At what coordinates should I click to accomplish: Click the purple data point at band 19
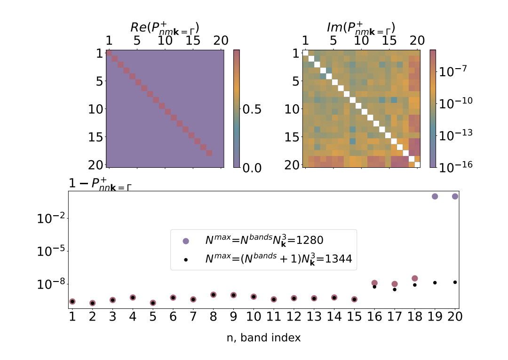[x=435, y=196]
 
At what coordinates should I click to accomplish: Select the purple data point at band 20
[x=455, y=196]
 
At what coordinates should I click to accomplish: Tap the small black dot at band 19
[x=435, y=282]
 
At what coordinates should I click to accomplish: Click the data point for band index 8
[x=214, y=295]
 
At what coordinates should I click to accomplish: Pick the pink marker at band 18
[x=415, y=279]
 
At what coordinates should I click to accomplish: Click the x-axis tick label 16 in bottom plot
[x=374, y=316]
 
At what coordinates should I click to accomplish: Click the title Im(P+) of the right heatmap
[x=361, y=28]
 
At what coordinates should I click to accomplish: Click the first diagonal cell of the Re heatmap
[x=109, y=53]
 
